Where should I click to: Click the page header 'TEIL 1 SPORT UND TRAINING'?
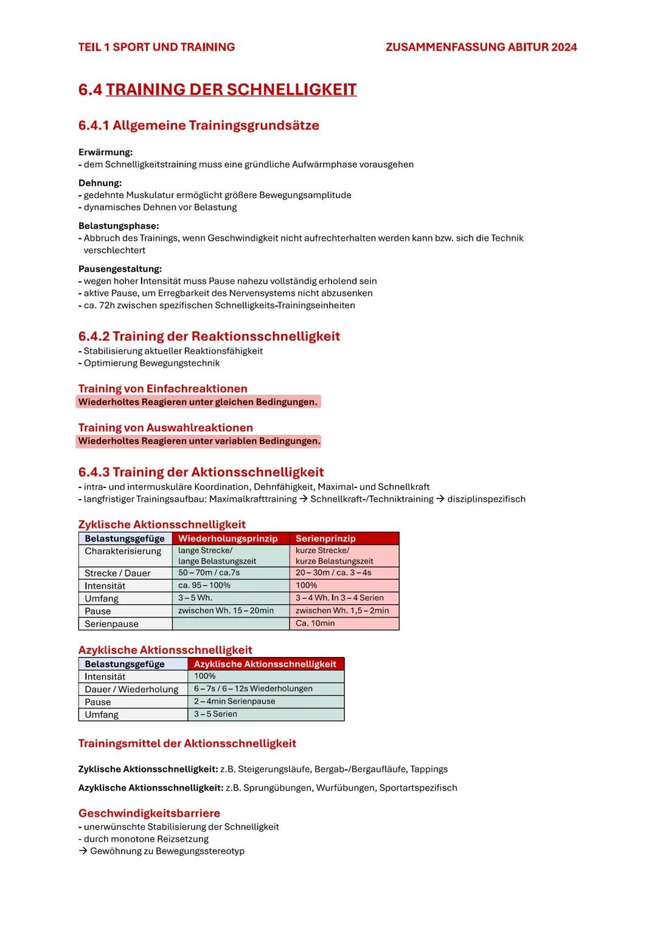click(156, 47)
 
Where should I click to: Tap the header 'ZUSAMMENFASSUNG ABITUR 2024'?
click(481, 47)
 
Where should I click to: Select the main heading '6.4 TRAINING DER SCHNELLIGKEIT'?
click(217, 89)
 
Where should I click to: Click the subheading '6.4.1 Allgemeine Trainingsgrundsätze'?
click(198, 125)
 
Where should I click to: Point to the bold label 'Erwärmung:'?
click(105, 152)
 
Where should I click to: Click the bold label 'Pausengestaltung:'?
click(120, 269)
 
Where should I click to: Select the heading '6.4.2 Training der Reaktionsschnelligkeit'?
click(209, 336)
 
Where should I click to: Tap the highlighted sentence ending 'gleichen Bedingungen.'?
click(198, 402)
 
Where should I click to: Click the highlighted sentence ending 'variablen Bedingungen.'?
click(199, 441)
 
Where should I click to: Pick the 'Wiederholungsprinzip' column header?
click(228, 538)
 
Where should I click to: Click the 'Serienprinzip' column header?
click(325, 538)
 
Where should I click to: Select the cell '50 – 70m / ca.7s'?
click(209, 572)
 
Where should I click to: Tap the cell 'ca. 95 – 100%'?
click(204, 585)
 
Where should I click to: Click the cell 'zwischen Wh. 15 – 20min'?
click(226, 610)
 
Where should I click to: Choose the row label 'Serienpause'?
click(111, 624)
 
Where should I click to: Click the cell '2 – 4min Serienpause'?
click(234, 701)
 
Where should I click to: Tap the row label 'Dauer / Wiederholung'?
click(131, 689)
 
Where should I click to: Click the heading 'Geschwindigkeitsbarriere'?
click(149, 813)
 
